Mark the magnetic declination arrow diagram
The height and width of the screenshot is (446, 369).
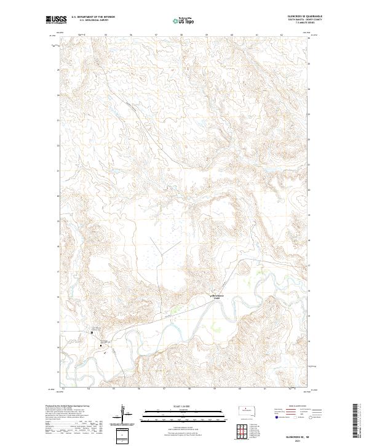point(123,413)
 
